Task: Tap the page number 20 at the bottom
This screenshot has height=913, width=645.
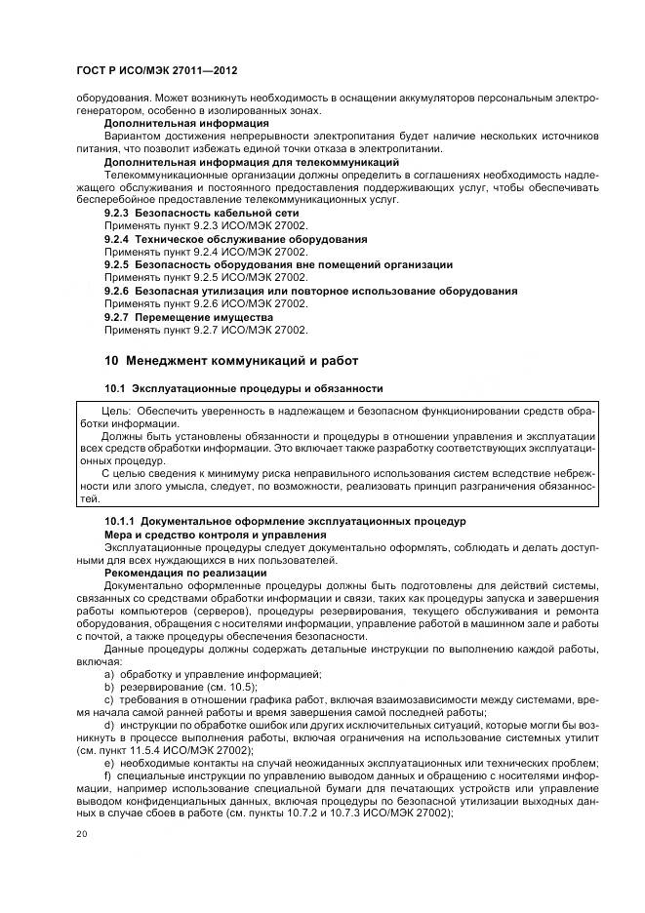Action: pos(82,834)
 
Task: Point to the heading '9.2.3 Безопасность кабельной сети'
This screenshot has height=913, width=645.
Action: pos(201,212)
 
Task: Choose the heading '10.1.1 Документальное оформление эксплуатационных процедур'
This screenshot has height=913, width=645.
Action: pos(285,521)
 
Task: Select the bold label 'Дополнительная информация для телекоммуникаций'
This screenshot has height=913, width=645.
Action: pos(251,161)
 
